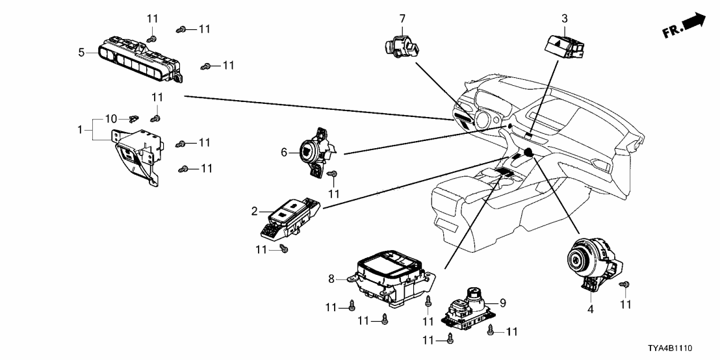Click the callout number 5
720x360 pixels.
coord(82,52)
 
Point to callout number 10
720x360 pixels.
coord(110,119)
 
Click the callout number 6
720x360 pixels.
coord(284,152)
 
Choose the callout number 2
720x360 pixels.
coord(255,211)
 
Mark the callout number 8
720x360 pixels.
coord(331,278)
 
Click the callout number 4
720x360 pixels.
coord(591,310)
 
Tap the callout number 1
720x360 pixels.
coord(79,130)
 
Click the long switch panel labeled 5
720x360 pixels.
coord(140,60)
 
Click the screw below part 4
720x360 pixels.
coord(625,285)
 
